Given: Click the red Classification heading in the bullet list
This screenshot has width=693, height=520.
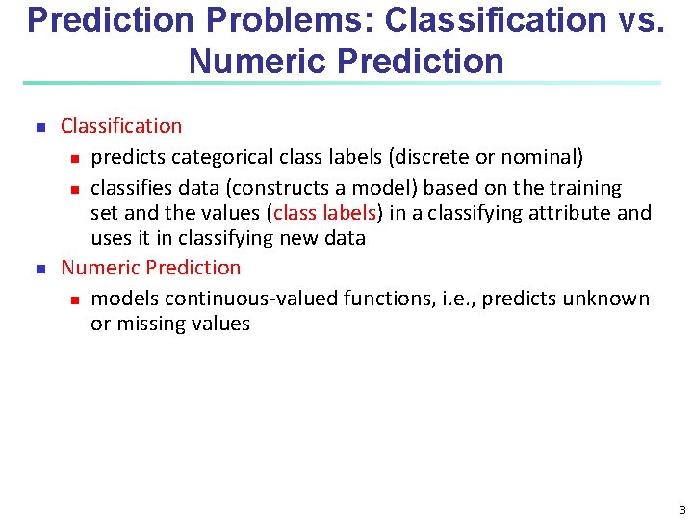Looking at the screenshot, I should coord(121,126).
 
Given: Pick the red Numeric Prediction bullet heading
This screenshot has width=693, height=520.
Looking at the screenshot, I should coord(151,268).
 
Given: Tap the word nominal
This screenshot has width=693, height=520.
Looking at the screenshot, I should coord(543,157).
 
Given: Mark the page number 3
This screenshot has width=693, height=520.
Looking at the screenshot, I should coord(680,509).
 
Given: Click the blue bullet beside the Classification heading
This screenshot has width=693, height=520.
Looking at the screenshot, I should coord(40,127).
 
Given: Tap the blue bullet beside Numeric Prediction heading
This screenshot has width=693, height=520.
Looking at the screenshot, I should coord(40,269).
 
